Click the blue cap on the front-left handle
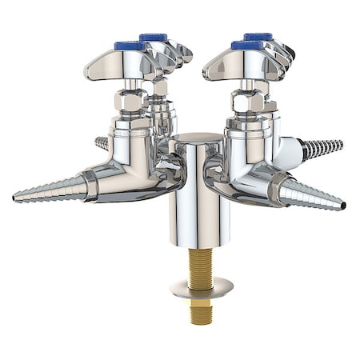coord(130,46)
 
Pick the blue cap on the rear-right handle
coord(258,36)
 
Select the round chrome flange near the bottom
coord(201,286)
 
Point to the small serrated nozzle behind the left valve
coord(102,143)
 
